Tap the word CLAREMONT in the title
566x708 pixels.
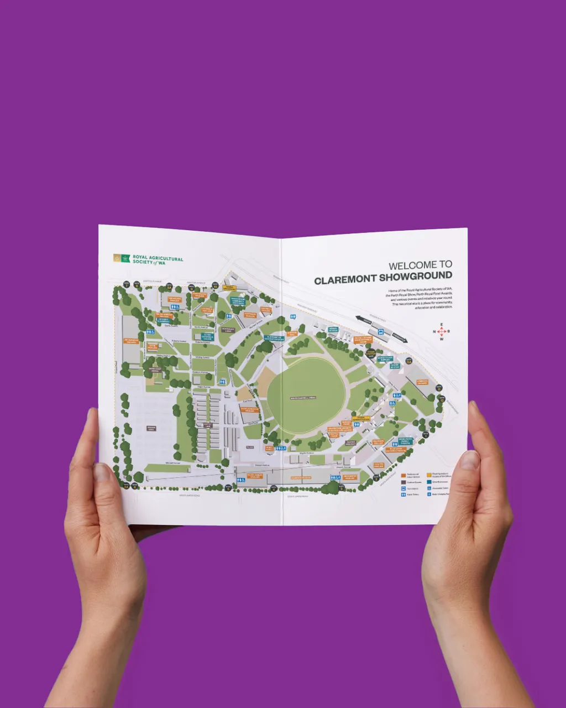(346, 280)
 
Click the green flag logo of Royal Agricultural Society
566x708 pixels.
(126, 258)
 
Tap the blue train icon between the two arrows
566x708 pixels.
(381, 331)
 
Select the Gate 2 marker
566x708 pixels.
(169, 286)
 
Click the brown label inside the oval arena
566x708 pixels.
(304, 397)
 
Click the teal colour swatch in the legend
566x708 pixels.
(429, 482)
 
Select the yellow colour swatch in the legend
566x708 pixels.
(429, 475)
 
